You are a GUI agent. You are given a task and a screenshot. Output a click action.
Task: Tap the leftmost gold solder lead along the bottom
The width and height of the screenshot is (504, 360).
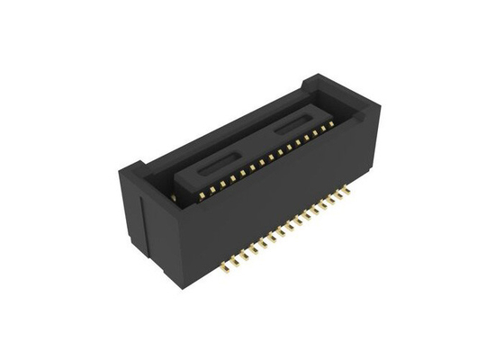(x=220, y=267)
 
